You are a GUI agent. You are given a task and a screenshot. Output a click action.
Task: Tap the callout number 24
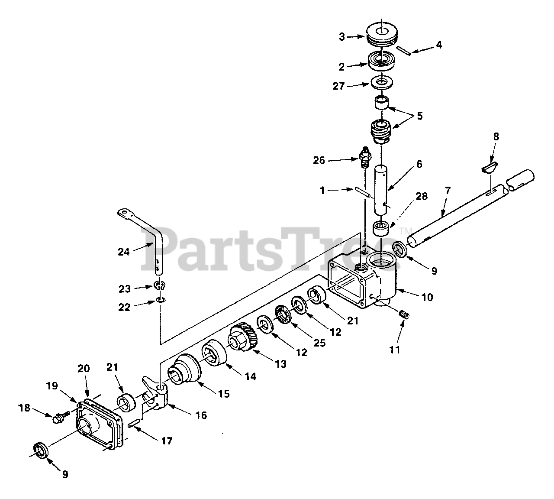(x=124, y=251)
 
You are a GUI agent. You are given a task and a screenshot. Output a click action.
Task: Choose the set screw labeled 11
(x=403, y=316)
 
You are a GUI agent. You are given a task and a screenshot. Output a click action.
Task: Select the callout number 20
(x=84, y=369)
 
